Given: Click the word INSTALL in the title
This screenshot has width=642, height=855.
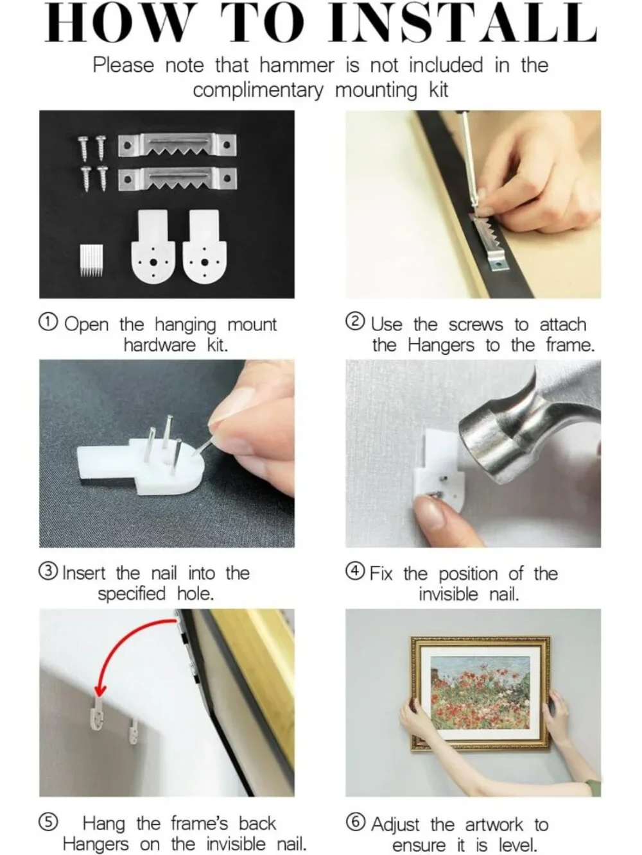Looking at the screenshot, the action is [x=463, y=22].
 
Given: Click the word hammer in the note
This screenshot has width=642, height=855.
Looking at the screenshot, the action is [x=296, y=65].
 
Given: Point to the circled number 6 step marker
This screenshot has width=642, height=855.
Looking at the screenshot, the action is [x=355, y=821].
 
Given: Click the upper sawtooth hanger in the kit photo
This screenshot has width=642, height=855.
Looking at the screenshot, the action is [x=177, y=146].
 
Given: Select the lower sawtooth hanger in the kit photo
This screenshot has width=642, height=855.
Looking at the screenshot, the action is [x=177, y=179].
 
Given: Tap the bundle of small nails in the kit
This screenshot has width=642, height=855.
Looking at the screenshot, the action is [x=92, y=260].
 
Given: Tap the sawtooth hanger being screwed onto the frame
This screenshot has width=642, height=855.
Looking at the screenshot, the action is [x=489, y=242].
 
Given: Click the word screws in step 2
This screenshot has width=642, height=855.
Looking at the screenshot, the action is [x=476, y=325].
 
